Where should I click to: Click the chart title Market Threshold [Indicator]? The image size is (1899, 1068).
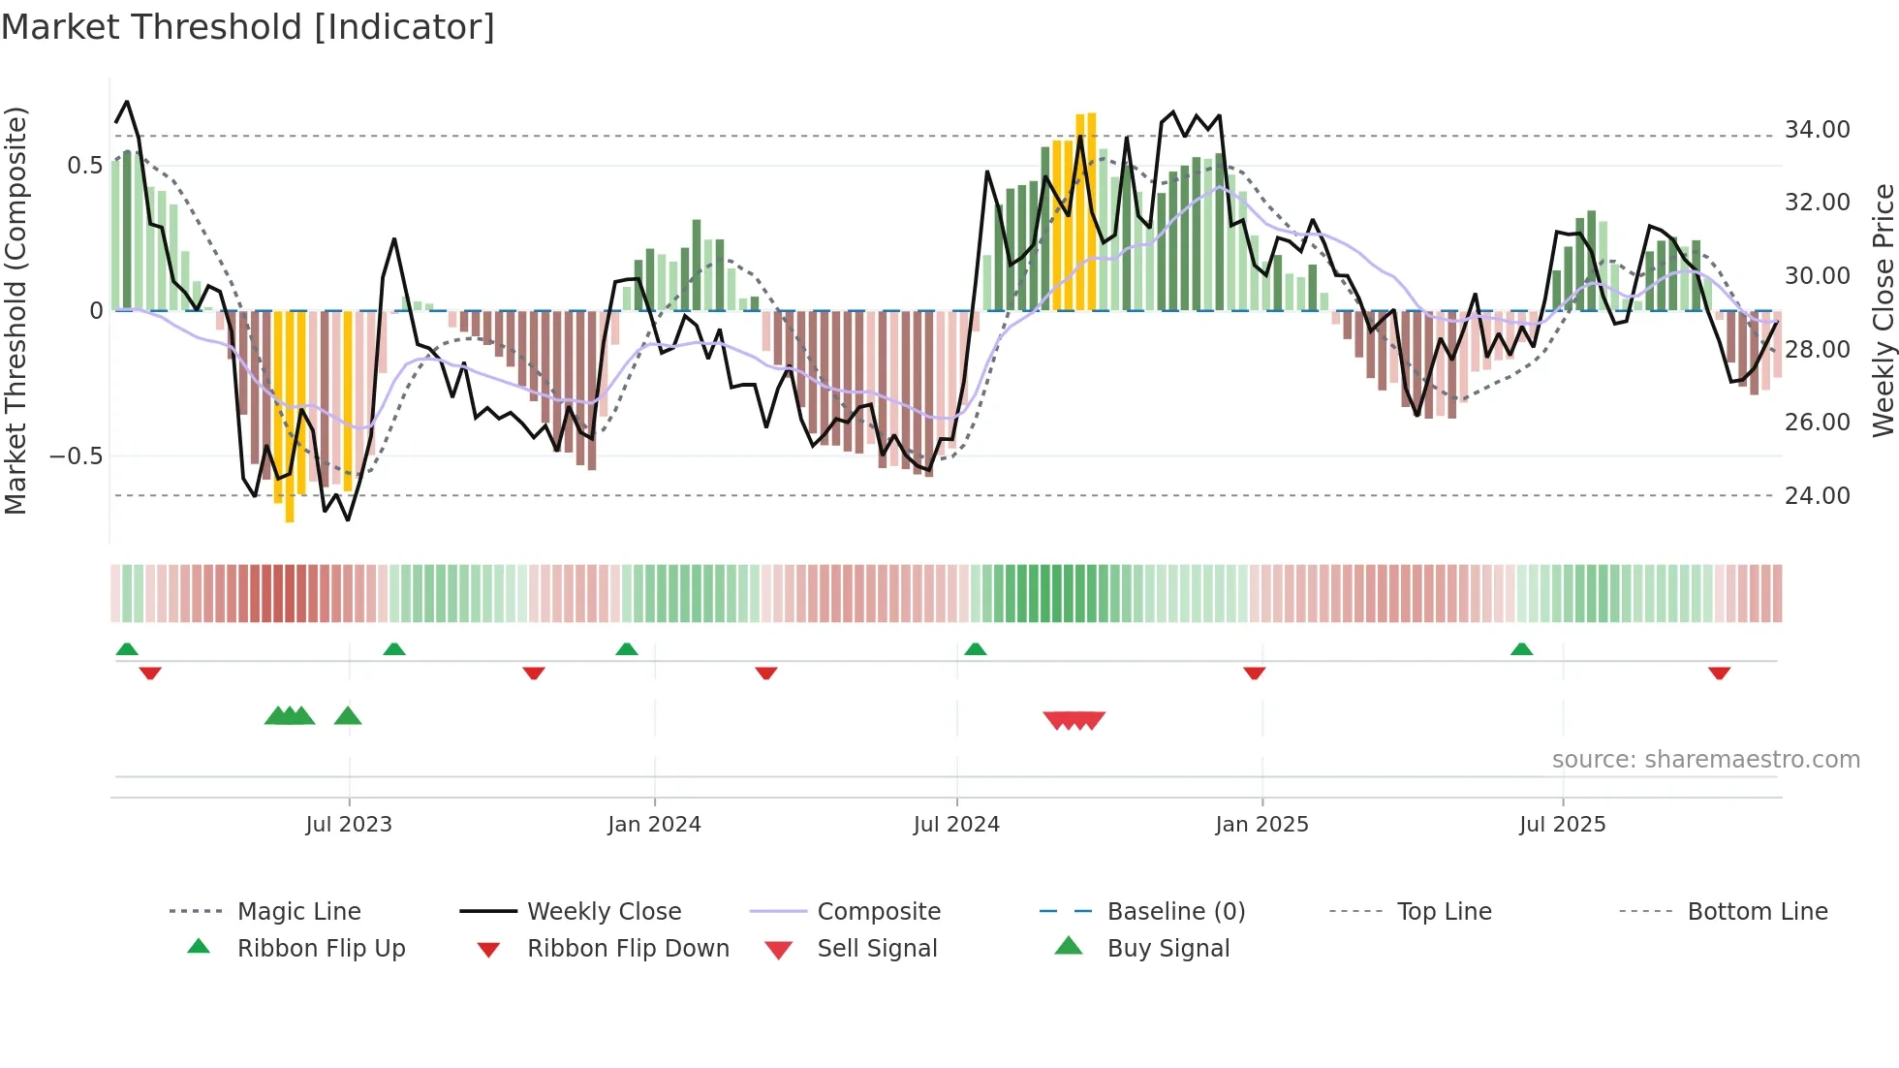click(x=248, y=27)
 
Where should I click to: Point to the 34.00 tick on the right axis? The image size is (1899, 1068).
click(x=1817, y=129)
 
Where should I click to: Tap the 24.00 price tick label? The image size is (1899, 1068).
click(x=1817, y=495)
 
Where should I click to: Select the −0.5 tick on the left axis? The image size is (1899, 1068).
click(x=77, y=455)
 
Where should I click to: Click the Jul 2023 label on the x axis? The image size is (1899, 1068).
click(x=349, y=825)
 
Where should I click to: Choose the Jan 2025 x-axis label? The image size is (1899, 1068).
click(x=1261, y=825)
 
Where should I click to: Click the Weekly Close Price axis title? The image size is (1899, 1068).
click(x=1882, y=310)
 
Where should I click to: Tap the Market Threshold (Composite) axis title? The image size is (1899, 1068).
click(x=16, y=310)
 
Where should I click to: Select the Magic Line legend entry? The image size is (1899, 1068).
click(x=298, y=911)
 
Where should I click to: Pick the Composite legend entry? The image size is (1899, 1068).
click(x=878, y=911)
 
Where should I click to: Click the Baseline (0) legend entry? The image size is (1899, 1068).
click(x=1175, y=911)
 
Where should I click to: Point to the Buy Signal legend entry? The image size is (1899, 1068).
click(x=1167, y=948)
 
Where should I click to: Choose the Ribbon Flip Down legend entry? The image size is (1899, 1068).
click(x=627, y=948)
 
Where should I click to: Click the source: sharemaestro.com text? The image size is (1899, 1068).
click(x=1705, y=759)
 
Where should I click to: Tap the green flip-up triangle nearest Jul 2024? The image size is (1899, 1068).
click(x=976, y=649)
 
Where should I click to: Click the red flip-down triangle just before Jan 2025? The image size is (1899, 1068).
click(x=1254, y=673)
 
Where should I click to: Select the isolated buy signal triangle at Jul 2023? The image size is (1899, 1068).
click(x=348, y=716)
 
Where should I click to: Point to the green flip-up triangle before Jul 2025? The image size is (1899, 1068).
click(x=1521, y=649)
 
